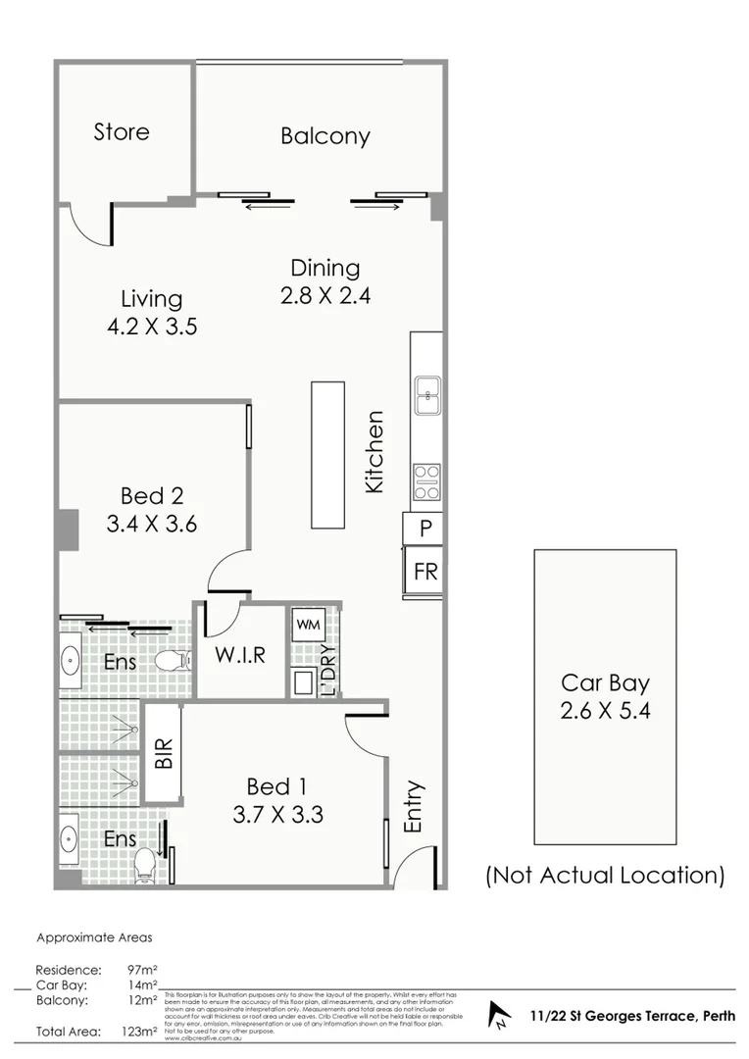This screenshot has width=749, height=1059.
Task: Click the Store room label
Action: [x=122, y=131]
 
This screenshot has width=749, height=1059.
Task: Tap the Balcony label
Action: [x=325, y=136]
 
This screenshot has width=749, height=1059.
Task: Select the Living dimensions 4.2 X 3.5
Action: [x=152, y=326]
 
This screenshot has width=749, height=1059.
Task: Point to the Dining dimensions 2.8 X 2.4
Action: [x=325, y=294]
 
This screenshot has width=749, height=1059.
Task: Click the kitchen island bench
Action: [x=328, y=455]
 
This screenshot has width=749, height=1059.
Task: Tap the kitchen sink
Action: [x=426, y=395]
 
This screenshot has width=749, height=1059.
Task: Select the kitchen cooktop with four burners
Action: [x=426, y=481]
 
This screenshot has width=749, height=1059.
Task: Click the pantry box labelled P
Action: [x=425, y=529]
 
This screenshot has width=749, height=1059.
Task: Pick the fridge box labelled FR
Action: [x=425, y=571]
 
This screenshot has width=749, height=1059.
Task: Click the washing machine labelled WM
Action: [x=308, y=624]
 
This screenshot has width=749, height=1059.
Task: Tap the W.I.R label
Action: [x=240, y=654]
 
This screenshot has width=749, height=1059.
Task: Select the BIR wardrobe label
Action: [x=163, y=754]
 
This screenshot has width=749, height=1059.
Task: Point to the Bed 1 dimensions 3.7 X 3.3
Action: [x=278, y=814]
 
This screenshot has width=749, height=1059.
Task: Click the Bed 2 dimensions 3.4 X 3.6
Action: [x=152, y=524]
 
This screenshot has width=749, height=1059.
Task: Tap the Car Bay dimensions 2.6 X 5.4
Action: [x=605, y=709]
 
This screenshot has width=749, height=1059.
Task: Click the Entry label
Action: [x=414, y=806]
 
